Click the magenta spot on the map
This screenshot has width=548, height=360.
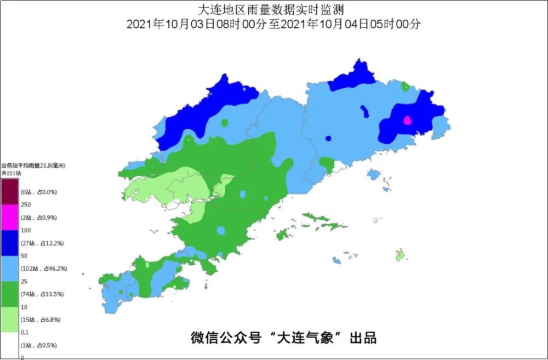(x=407, y=120)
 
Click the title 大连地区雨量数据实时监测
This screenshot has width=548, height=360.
(x=273, y=9)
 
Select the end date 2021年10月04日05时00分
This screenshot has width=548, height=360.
(x=351, y=24)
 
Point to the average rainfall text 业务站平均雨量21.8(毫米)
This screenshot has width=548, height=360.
(x=32, y=165)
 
